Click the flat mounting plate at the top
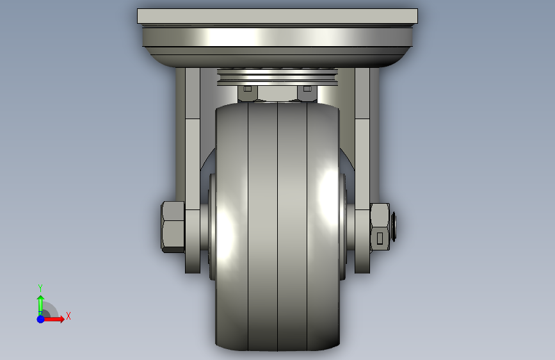277,16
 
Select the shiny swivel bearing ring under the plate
277,37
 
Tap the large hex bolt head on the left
173,227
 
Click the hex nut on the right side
380,227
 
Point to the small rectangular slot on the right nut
380,238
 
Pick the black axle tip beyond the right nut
393,226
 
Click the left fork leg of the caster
193,170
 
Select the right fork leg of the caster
362,170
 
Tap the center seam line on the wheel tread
278,226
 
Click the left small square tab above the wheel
248,88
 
